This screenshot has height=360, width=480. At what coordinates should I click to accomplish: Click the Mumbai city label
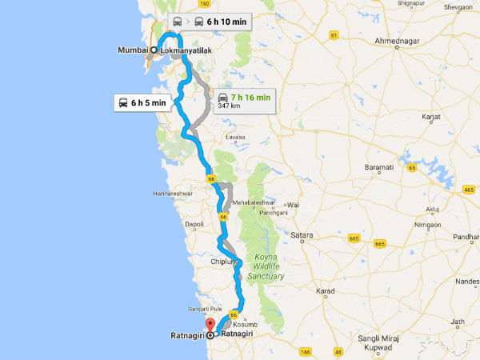click(x=133, y=49)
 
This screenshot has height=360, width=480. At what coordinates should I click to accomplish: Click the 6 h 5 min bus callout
click(x=142, y=102)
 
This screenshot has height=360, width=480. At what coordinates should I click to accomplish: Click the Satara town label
click(x=302, y=235)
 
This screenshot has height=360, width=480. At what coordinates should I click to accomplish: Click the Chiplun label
click(x=223, y=261)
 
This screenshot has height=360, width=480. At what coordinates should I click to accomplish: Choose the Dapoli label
click(x=194, y=226)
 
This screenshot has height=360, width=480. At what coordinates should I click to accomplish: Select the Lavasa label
click(x=234, y=137)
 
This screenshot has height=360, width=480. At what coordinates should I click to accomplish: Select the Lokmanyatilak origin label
click(x=186, y=49)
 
